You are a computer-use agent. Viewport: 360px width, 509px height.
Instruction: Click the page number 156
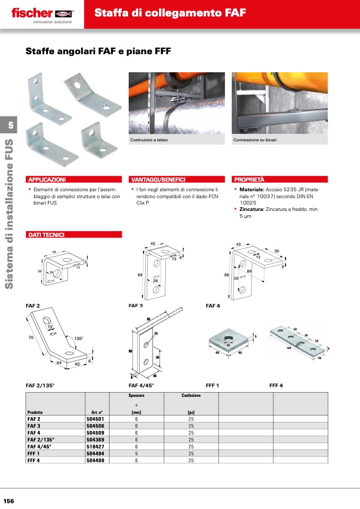tap(9, 501)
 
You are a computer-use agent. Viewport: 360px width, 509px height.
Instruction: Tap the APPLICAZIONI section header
tap(47, 180)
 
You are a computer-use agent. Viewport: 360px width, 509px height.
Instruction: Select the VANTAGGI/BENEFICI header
tap(158, 180)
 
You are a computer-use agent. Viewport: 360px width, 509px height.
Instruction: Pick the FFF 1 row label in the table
tap(34, 454)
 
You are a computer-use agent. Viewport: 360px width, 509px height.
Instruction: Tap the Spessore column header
tap(136, 396)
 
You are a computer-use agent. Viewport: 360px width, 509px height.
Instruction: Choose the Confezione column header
tap(190, 396)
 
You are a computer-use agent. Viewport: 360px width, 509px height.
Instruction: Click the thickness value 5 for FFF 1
tap(136, 454)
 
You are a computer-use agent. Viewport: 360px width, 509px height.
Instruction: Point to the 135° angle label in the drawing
tap(79, 338)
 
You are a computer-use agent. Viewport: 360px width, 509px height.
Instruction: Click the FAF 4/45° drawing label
tap(141, 385)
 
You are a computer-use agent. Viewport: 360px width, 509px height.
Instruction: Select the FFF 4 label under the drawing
tap(276, 385)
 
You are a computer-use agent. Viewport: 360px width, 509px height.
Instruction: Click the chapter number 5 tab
tap(9, 125)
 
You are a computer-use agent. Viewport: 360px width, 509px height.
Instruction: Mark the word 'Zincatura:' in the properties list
tap(252, 209)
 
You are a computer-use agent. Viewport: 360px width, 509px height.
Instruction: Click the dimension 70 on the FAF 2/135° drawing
tap(31, 337)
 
